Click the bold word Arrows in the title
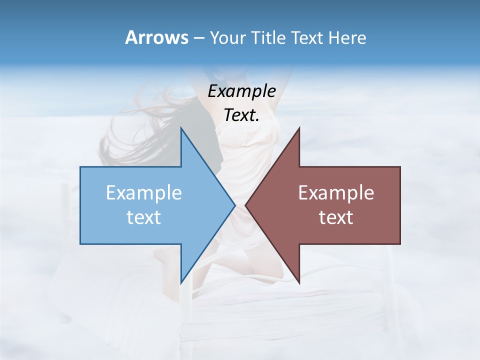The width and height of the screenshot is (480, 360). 156,37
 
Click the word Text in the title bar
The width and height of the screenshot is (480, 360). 307,37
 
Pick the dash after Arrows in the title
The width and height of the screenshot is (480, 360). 198,38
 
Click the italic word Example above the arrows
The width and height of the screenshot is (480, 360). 242,91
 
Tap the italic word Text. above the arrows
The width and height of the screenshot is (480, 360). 242,115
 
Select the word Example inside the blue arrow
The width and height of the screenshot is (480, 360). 144,192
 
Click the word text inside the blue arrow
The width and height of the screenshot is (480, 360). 144,217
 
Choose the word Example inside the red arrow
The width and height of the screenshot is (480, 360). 336,192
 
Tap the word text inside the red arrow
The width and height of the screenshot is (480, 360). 336,217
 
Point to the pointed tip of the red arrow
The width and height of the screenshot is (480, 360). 245,205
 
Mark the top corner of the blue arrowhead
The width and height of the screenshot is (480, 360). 181,128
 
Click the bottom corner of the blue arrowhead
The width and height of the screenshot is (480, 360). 181,282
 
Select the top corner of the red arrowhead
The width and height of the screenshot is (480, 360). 299,128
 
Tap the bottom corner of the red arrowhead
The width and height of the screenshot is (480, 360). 299,282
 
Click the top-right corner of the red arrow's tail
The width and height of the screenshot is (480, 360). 400,166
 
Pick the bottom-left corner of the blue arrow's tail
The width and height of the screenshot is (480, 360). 80,244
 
